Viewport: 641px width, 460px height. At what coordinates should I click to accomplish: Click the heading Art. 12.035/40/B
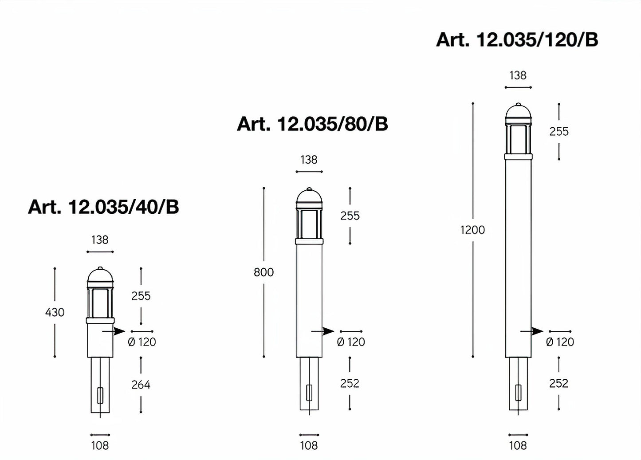tap(103, 207)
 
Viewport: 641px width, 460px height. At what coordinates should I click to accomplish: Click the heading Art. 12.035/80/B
tap(312, 124)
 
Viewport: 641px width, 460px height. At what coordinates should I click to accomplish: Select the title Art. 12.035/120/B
tap(517, 40)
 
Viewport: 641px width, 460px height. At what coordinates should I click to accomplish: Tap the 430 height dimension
tap(55, 312)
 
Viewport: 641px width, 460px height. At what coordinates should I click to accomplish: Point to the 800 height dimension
tap(263, 272)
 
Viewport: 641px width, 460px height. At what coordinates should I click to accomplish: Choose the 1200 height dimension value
tap(472, 230)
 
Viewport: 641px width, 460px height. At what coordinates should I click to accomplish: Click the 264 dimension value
tap(141, 385)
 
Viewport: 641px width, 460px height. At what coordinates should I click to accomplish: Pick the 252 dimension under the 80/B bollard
tap(350, 383)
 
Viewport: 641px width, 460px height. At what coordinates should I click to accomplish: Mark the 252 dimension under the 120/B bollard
tap(558, 383)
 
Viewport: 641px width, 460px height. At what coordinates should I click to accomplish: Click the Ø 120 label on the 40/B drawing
tap(142, 342)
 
